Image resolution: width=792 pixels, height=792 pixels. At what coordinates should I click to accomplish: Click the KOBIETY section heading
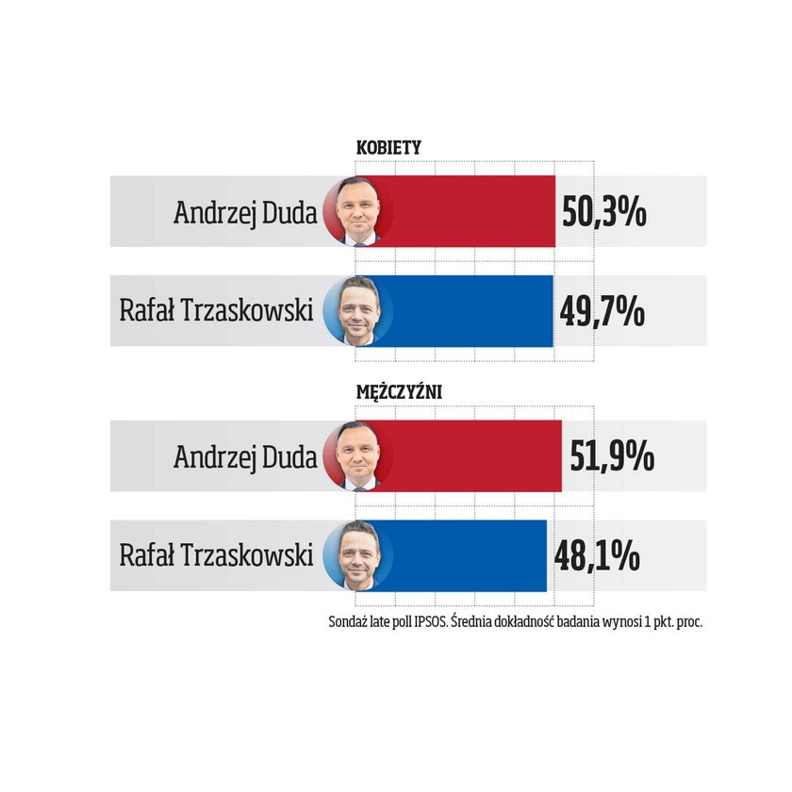pos(388,148)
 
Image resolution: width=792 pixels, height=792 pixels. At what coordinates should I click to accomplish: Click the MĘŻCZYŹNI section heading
pos(400,391)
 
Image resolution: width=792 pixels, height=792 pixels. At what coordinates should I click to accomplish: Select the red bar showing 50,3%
pos(471,211)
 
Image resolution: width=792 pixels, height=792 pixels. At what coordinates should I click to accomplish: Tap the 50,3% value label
pos(603,212)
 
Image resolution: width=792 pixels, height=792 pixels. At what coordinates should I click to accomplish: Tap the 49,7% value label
pos(602,311)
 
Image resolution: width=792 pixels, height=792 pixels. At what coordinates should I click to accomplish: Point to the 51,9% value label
pos(612,457)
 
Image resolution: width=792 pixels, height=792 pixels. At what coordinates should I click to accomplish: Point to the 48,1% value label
pos(597,556)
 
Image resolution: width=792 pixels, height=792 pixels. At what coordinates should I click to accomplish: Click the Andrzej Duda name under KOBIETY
pos(244,212)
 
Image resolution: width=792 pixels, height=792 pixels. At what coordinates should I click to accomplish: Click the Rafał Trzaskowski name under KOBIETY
pos(216,310)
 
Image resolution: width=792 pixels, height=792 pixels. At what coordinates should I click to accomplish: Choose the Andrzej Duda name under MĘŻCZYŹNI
pos(244,457)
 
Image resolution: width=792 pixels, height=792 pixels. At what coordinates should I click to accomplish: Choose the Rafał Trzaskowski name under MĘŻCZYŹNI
pos(216,555)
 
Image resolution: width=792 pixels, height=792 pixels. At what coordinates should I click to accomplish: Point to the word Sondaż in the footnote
pos(347,622)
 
